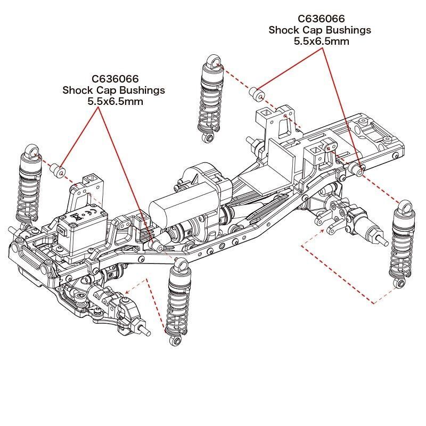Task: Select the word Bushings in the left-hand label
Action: pyautogui.click(x=141, y=90)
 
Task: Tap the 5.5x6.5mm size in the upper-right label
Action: pyautogui.click(x=321, y=41)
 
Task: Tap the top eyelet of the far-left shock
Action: pyautogui.click(x=33, y=152)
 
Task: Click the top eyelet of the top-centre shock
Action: pyautogui.click(x=214, y=62)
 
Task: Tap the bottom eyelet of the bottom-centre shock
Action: pyautogui.click(x=174, y=340)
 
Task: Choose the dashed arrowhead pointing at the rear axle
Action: pyautogui.click(x=325, y=230)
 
